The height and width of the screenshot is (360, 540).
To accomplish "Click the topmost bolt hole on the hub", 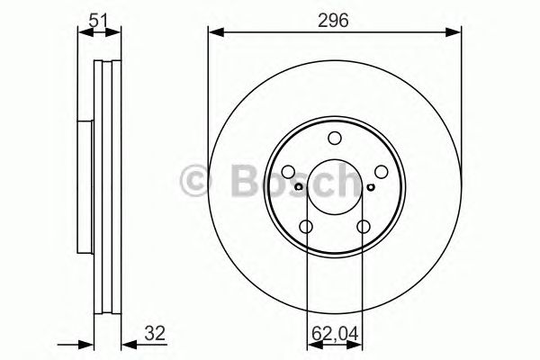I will (335, 138).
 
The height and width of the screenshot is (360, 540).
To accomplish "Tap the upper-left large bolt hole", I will (288, 172).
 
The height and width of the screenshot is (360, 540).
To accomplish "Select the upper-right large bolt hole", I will (382, 172).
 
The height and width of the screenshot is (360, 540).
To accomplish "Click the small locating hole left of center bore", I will (301, 188).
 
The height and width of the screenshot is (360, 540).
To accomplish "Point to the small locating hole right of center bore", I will (370, 188).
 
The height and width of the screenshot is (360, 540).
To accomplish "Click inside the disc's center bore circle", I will (335, 189).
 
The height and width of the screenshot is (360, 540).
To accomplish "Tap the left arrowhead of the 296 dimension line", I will (213, 32).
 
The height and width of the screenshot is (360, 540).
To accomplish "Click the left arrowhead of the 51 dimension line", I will (83, 32).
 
